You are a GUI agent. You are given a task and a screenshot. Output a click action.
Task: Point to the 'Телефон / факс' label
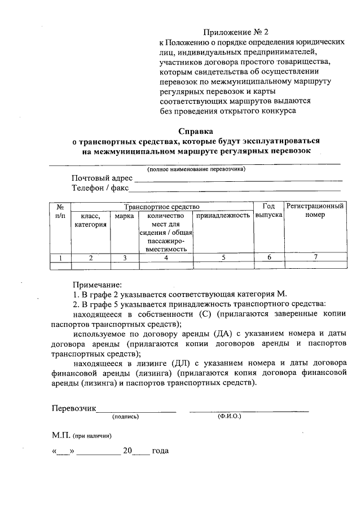[100, 188]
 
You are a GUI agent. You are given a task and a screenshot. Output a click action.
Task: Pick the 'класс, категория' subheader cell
[90, 220]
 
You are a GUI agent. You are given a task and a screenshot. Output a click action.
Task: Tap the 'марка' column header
[124, 216]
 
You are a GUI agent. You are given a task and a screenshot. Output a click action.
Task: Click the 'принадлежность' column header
[223, 216]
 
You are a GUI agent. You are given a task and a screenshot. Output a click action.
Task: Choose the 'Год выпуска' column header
[268, 211]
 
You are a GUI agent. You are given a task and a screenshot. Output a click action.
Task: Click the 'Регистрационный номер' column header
[315, 211]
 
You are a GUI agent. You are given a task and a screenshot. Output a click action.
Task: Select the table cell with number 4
[166, 257]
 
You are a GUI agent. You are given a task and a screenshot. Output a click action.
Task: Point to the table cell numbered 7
[315, 257]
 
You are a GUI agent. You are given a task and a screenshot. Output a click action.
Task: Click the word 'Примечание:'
[97, 285]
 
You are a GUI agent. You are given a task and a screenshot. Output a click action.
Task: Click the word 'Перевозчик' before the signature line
[74, 409]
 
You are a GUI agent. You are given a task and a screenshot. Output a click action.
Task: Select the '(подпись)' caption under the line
[125, 417]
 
